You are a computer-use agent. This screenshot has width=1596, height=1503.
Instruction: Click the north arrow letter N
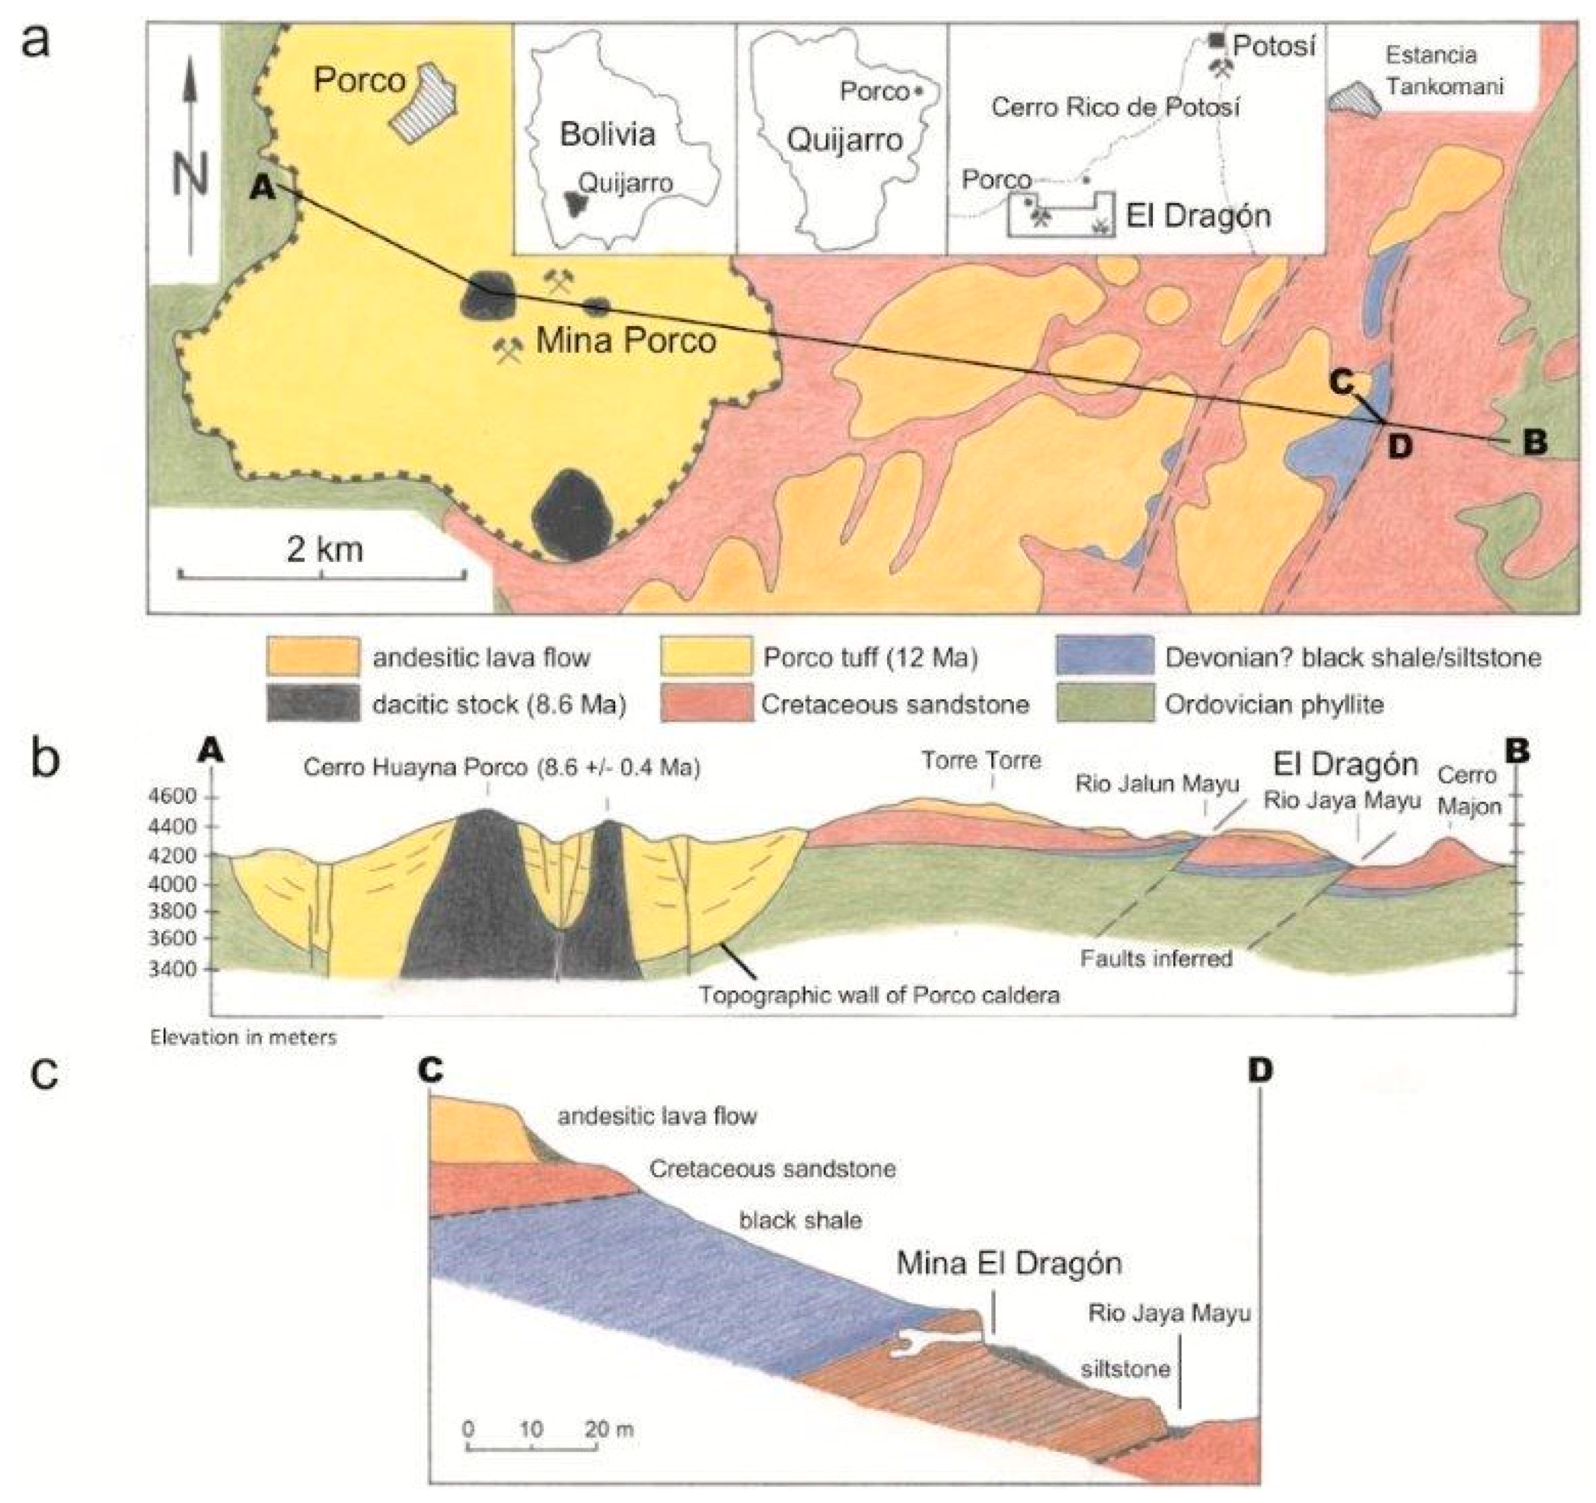191,174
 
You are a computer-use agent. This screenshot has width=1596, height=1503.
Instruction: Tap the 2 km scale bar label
324,550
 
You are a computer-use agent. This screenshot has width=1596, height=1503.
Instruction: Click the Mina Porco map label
626,341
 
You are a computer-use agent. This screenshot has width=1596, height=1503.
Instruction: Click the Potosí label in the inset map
1274,47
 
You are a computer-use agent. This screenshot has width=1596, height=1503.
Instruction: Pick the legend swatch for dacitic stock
313,704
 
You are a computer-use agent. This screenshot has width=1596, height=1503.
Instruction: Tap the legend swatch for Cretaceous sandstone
706,704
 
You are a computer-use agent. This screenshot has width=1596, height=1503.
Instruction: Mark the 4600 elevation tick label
173,796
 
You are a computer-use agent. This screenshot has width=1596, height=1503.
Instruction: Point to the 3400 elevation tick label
173,969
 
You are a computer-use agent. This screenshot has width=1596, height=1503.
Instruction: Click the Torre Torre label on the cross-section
980,760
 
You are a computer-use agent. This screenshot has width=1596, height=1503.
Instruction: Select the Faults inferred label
1156,958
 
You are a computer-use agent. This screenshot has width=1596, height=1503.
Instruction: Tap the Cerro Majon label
1468,791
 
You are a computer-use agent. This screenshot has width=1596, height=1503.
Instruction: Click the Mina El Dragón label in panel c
1009,1264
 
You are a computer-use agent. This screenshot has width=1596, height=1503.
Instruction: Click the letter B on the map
1534,443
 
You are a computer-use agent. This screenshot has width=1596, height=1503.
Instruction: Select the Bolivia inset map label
608,134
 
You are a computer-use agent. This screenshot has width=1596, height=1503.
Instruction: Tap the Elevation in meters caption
243,1038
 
